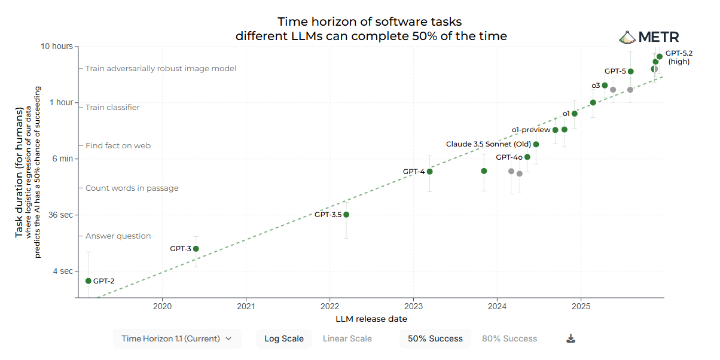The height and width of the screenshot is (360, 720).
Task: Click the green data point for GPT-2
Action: point(89,281)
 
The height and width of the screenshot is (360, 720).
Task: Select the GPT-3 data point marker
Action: point(196,249)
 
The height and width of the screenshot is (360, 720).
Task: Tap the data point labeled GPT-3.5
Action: point(346,215)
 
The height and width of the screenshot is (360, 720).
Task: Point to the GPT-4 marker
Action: point(429,172)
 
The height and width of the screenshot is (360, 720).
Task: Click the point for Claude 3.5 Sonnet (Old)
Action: point(536,144)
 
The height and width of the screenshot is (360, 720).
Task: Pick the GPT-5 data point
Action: point(630,71)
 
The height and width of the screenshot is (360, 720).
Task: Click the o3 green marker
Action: point(605,86)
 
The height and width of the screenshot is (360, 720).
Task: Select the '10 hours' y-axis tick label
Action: point(57,46)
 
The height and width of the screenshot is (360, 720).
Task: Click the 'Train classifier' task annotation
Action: point(112,108)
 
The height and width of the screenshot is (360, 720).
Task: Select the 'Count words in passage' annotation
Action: point(132,188)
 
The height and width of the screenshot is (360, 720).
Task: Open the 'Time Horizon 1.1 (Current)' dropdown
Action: point(177,338)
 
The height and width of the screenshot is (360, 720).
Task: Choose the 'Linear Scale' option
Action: point(347,338)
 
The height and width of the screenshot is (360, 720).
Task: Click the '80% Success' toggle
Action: point(510,338)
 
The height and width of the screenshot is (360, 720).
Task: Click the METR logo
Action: point(649,37)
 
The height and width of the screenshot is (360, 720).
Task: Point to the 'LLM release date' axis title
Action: point(371,319)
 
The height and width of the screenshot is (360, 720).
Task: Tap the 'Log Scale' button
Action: point(284,338)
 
